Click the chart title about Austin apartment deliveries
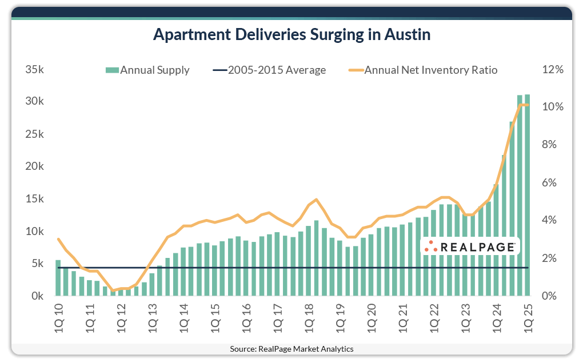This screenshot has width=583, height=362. pyautogui.click(x=291, y=35)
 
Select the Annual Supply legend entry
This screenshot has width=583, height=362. pyautogui.click(x=147, y=70)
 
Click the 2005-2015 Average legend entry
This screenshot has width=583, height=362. pyautogui.click(x=269, y=70)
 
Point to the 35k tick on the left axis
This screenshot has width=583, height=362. pyautogui.click(x=34, y=70)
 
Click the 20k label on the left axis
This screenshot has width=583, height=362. pyautogui.click(x=34, y=167)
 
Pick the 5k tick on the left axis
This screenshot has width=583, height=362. pyautogui.click(x=37, y=264)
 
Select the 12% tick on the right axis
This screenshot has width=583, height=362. pyautogui.click(x=553, y=70)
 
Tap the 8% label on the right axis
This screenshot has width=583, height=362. pyautogui.click(x=550, y=145)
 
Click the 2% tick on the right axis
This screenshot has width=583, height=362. pyautogui.click(x=550, y=258)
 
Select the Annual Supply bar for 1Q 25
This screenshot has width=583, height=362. pyautogui.click(x=527, y=195)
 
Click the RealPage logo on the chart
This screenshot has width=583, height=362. pyautogui.click(x=470, y=246)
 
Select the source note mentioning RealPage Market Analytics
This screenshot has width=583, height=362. pyautogui.click(x=291, y=349)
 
